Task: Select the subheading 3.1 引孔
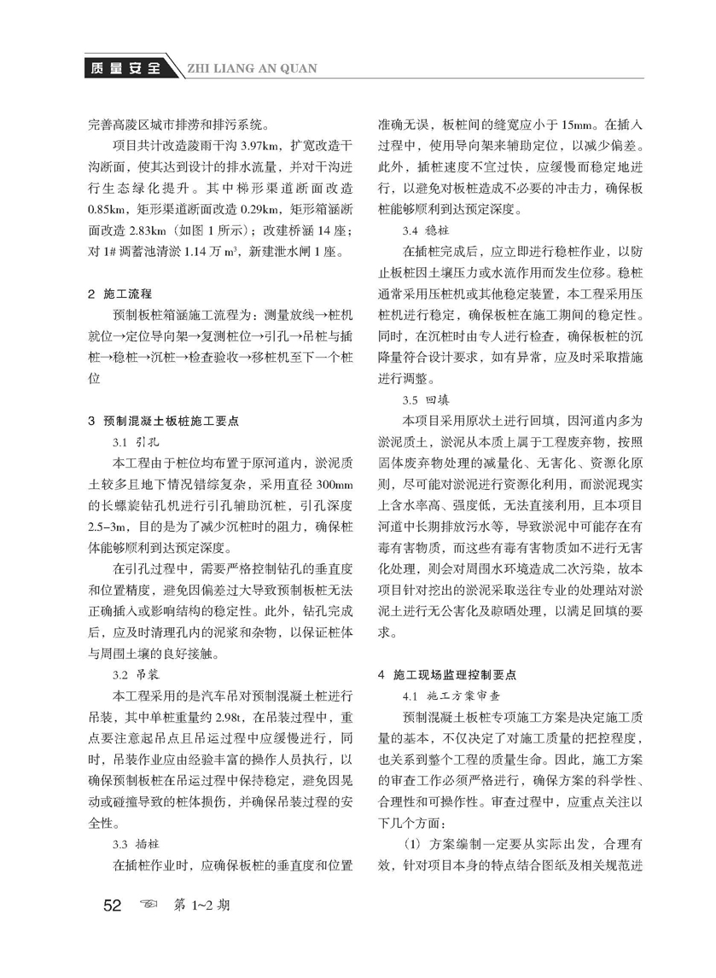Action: click(130, 443)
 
